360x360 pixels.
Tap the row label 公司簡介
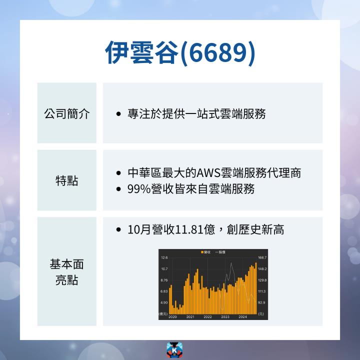[x=67, y=114]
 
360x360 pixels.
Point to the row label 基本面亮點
[x=67, y=271]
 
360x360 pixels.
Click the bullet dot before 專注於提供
[x=118, y=114]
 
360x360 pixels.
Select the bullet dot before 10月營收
[x=118, y=230]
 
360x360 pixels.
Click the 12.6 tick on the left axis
[x=164, y=257]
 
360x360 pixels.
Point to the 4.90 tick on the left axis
[x=164, y=302]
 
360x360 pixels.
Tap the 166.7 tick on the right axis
[x=262, y=257]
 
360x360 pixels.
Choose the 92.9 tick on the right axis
[x=262, y=302]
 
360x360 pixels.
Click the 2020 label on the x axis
[x=173, y=317]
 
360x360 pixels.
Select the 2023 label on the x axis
[x=225, y=317]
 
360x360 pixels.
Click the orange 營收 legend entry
[x=204, y=252]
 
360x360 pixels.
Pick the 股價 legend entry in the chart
[x=220, y=252]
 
